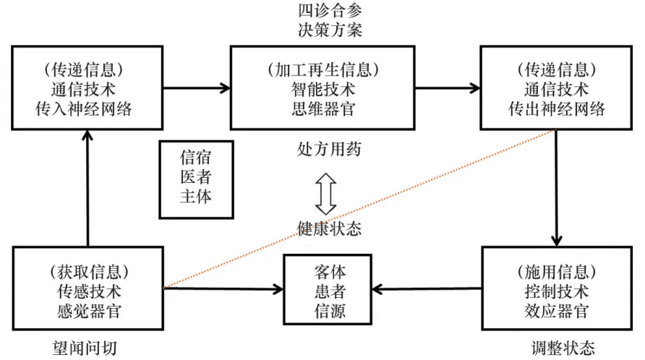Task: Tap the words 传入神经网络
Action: click(x=87, y=109)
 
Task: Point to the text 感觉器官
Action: click(x=87, y=310)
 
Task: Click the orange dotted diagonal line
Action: click(x=362, y=208)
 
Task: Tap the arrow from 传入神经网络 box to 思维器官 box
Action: click(x=196, y=88)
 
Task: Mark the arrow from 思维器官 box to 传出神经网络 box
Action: click(x=448, y=88)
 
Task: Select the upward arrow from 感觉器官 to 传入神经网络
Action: click(x=87, y=188)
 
